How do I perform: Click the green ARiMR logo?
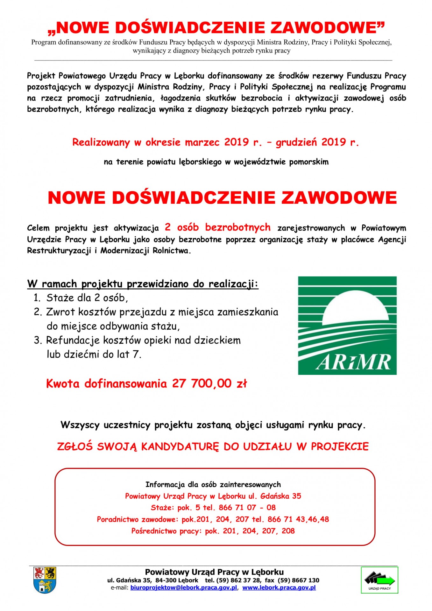tap(347, 325)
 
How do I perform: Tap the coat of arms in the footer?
tap(45, 579)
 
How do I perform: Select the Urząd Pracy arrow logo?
tap(379, 579)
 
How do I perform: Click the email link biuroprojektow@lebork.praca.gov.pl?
tap(184, 587)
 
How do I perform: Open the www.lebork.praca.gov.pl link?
tap(279, 587)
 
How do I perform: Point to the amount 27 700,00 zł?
tap(209, 383)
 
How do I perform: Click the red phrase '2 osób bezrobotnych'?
tap(217, 227)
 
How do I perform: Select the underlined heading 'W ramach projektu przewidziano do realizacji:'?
tap(143, 284)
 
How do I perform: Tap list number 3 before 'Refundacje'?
tap(38, 340)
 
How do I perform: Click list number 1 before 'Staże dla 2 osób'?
tap(37, 298)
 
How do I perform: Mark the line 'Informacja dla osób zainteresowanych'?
tap(213, 484)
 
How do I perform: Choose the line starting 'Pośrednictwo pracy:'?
tap(213, 531)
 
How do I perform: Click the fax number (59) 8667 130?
tap(299, 580)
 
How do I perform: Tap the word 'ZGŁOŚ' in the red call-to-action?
tap(75, 446)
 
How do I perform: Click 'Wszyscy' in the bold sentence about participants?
tap(80, 425)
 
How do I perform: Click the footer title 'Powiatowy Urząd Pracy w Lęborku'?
tap(214, 572)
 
